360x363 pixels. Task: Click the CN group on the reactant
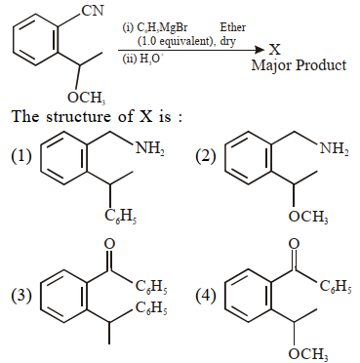tap(93, 11)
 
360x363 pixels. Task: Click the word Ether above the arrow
tap(232, 27)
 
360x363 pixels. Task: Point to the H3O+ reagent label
tap(144, 60)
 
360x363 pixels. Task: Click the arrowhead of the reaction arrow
tap(260, 50)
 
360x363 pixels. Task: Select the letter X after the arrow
tap(275, 50)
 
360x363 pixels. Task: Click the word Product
tap(320, 65)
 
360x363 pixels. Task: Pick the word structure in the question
tap(78, 116)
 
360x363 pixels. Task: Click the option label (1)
tap(21, 156)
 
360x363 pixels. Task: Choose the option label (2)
tap(206, 157)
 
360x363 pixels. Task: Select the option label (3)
tap(21, 296)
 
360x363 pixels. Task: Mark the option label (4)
tap(206, 296)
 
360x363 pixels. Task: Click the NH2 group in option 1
tap(149, 149)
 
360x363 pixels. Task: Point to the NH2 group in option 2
tap(334, 149)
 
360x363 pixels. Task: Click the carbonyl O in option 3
tap(109, 244)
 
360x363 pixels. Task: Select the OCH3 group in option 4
tap(308, 354)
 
